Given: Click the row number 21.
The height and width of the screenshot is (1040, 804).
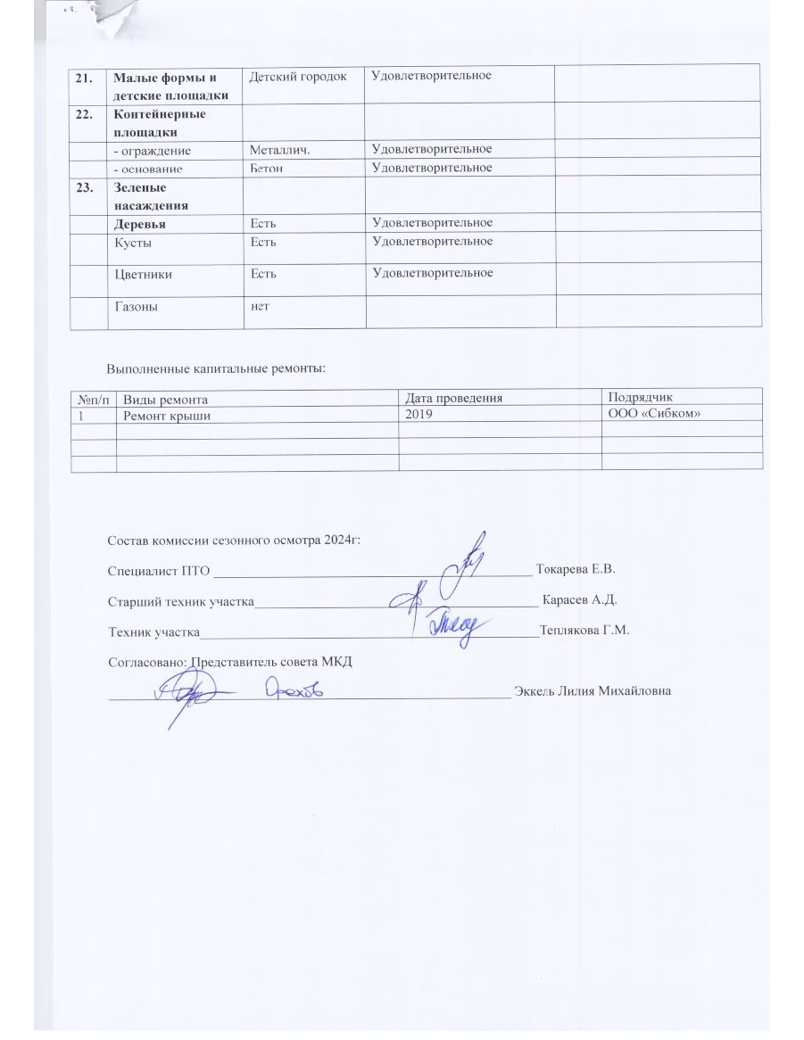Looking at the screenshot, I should [85, 77].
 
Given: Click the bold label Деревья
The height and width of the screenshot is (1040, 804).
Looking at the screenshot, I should [139, 222].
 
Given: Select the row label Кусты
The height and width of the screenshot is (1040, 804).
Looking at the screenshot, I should [132, 242].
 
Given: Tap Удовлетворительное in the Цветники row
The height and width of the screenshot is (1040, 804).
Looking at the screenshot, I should [432, 273].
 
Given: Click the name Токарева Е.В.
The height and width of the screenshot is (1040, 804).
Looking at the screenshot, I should [576, 568].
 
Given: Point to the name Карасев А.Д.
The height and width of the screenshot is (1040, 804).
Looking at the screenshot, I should [579, 598].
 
